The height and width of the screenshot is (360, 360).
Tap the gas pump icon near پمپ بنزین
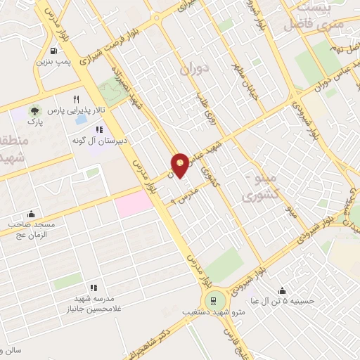pos(54,51)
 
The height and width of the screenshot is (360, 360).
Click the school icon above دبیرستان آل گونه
pos(98,129)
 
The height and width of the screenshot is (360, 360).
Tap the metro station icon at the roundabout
pos(210,301)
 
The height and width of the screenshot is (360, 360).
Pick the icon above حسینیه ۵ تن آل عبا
pos(281,290)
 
